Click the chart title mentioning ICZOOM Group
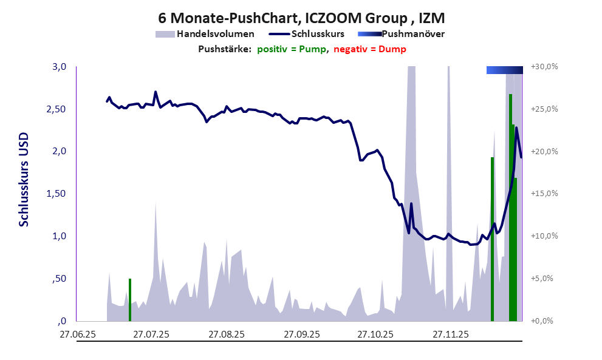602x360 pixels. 301,17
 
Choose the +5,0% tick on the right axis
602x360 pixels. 542,279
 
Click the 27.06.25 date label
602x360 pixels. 77,334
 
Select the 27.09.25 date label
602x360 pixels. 301,334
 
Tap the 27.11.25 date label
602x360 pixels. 450,334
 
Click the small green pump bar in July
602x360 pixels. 130,299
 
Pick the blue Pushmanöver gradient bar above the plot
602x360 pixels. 504,70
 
